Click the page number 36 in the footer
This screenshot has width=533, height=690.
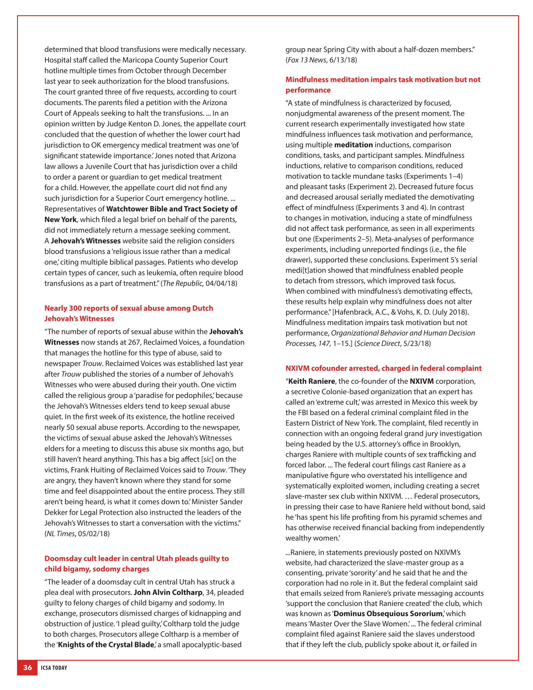[27, 667]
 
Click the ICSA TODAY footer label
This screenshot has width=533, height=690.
[54, 668]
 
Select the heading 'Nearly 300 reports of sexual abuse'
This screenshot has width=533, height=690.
[128, 308]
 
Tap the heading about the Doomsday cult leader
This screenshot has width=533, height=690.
[137, 558]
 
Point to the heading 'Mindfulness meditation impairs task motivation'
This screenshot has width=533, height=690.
[383, 79]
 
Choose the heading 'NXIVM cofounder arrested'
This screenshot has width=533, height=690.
[383, 368]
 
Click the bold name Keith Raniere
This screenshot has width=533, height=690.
[312, 381]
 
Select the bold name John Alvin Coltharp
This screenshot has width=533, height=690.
[168, 592]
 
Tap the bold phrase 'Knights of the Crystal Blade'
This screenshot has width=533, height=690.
[106, 644]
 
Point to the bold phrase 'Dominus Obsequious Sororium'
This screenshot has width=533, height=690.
[388, 613]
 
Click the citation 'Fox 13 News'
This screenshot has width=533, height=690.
[307, 60]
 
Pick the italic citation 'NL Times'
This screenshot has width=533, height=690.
[61, 533]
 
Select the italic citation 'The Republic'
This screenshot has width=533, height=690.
[183, 283]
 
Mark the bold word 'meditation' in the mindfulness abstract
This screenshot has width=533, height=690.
[353, 145]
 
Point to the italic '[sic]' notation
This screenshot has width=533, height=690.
[207, 459]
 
